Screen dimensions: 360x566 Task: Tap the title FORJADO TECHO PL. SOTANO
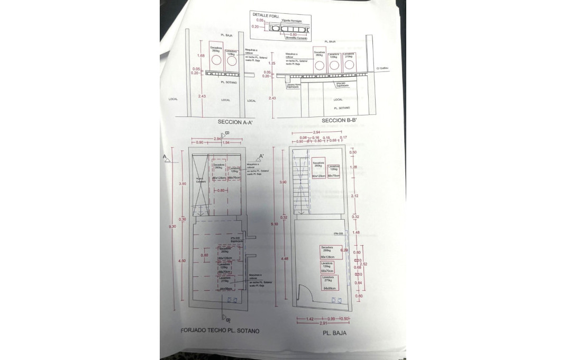221,330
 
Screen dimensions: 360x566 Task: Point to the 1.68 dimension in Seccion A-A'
200,56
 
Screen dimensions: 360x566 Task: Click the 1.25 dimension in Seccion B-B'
272,63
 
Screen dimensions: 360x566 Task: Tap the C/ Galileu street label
382,68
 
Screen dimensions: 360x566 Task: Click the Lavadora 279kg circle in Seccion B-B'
348,66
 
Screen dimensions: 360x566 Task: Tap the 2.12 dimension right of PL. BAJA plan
354,195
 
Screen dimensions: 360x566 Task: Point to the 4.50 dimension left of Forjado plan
182,260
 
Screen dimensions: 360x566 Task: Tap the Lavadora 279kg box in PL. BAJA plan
327,282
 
